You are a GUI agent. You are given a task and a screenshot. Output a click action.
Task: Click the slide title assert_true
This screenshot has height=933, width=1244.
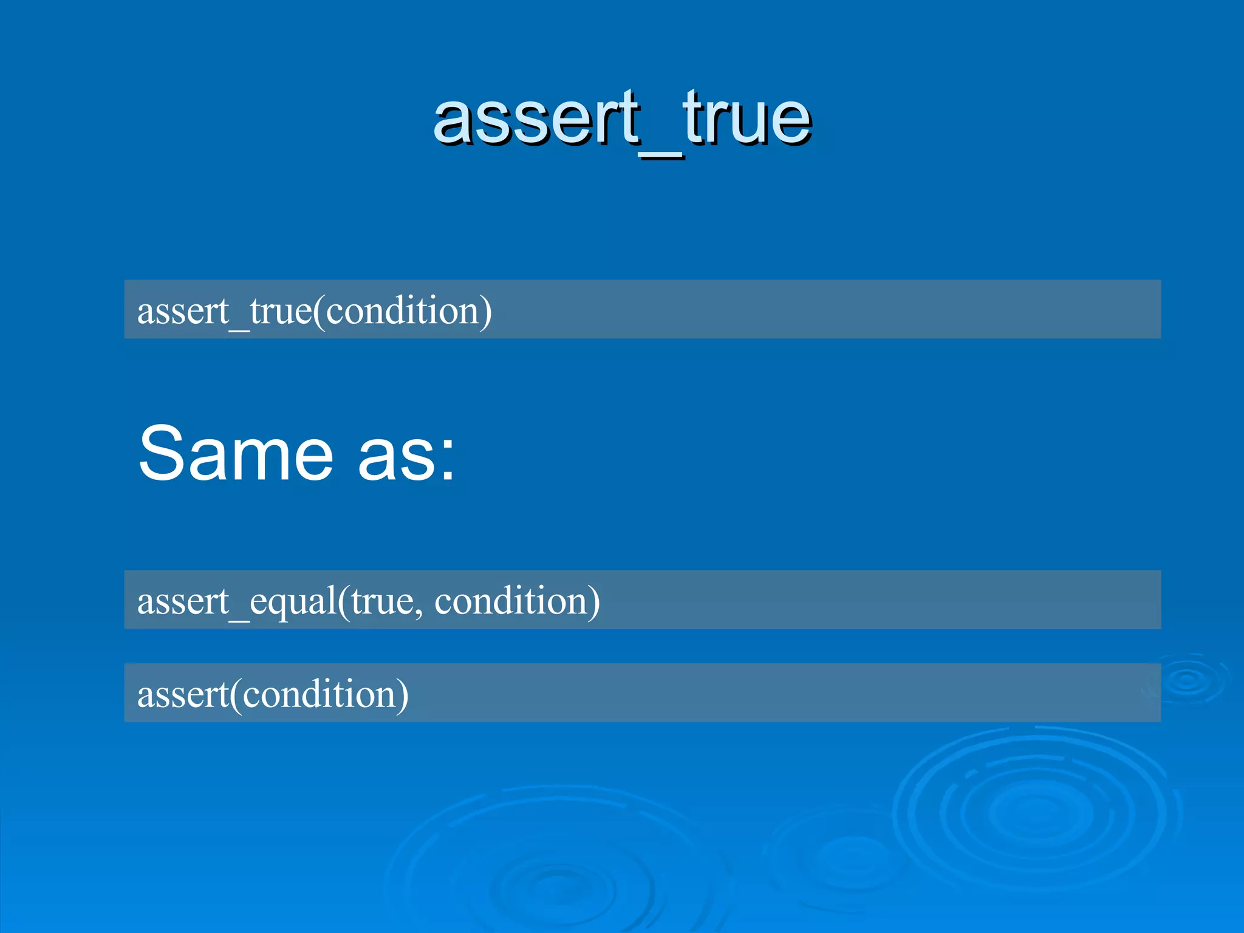point(622,118)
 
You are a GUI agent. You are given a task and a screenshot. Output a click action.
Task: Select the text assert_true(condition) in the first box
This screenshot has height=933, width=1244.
point(314,310)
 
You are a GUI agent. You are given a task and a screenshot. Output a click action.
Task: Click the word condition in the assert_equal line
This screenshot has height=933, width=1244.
point(510,601)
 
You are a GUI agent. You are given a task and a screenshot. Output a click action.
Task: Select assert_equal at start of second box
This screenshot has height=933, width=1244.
point(237,601)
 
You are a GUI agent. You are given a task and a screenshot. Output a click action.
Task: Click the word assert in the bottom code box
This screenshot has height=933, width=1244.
point(183,694)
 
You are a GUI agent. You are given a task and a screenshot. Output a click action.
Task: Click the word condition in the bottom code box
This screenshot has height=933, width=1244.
point(320,694)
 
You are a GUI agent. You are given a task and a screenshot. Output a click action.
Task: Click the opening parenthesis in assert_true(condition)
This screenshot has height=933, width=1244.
point(319,312)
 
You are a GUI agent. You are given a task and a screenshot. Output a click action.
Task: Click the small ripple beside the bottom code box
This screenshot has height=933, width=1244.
point(1188,680)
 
